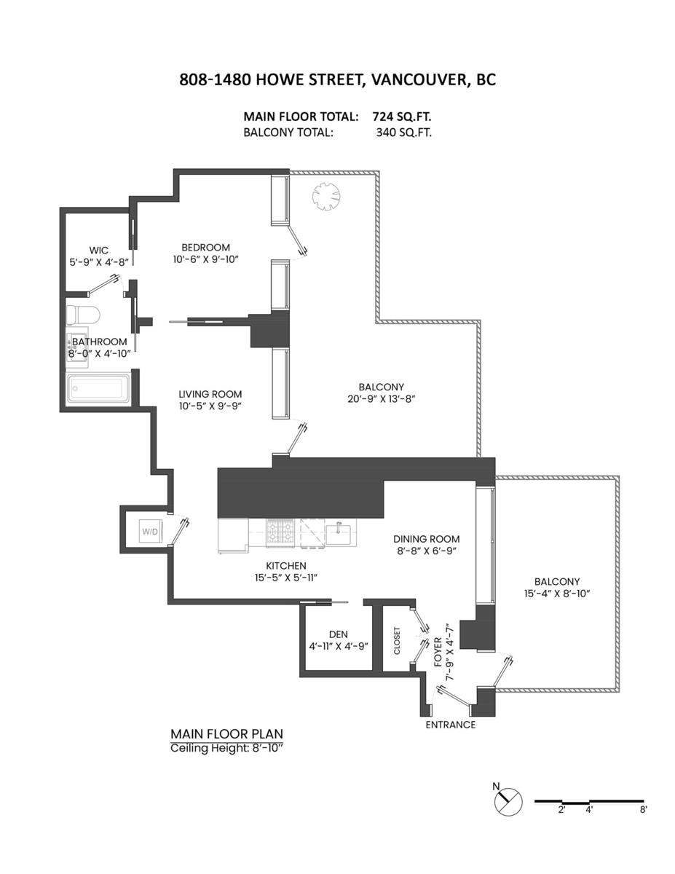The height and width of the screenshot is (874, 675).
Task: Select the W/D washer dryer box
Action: click(x=150, y=532)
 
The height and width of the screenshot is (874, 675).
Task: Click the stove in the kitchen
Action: click(x=280, y=532)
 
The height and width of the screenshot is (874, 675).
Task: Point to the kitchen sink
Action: click(x=339, y=532)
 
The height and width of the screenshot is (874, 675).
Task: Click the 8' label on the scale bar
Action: click(x=643, y=809)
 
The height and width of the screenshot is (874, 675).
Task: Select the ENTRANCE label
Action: click(x=451, y=725)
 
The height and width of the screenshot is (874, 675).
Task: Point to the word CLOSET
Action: click(x=398, y=641)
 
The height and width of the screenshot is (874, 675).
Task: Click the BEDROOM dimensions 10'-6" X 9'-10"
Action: click(x=206, y=259)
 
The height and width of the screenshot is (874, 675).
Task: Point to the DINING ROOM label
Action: click(x=426, y=539)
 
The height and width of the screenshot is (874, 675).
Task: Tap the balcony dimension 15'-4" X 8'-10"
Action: click(x=556, y=594)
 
